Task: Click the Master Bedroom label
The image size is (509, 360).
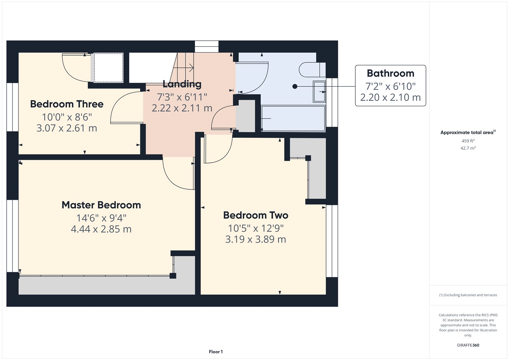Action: point(101,205)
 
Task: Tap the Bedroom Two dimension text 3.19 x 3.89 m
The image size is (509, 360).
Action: point(255,239)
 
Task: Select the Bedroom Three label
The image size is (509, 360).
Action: point(67,104)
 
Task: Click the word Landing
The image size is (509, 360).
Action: point(182,84)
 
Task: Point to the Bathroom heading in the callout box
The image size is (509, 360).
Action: point(390,74)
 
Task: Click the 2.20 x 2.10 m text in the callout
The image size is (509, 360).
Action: point(390,97)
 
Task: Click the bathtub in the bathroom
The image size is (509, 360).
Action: point(293,118)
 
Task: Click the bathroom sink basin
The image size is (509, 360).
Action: point(319,92)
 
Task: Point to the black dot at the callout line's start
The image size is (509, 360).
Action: point(295,86)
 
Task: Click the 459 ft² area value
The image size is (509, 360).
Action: point(468,141)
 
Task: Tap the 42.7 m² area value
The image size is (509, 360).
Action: point(468,148)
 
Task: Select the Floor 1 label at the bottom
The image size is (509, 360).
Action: point(216,352)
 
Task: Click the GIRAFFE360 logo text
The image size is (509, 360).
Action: point(468,345)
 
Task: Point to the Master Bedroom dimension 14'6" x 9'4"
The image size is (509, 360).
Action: point(101,218)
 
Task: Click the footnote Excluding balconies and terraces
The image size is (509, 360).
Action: point(468,295)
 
